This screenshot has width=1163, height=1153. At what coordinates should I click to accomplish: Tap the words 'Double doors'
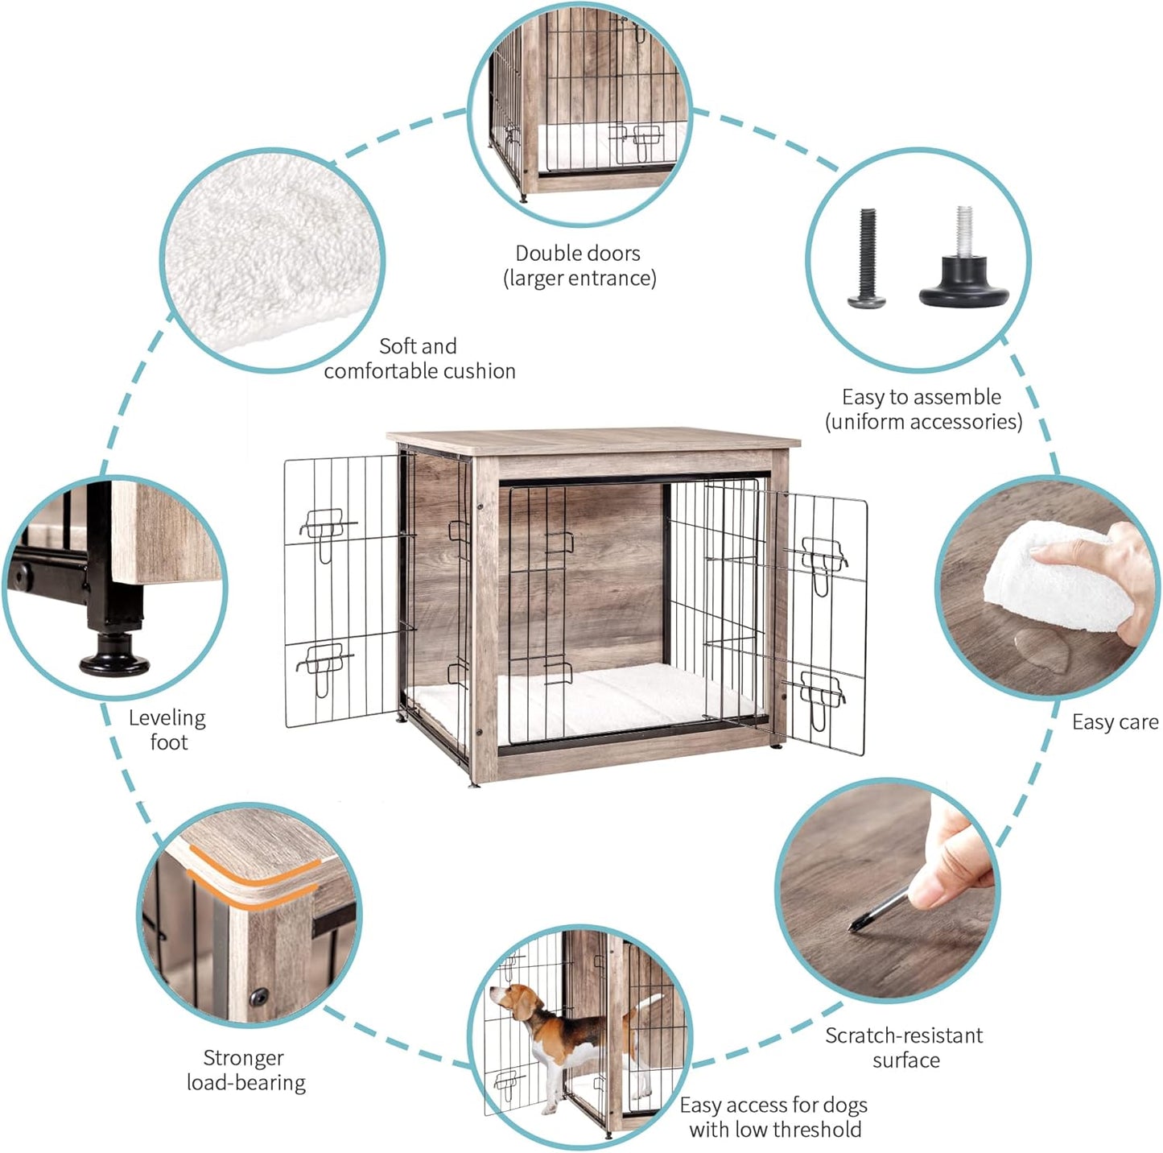coord(577,253)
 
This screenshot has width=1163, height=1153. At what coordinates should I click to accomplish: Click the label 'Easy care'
coord(1115,722)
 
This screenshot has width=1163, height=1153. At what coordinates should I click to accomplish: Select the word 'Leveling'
coord(167,717)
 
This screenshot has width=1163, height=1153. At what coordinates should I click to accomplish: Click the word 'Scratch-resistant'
coord(903,1035)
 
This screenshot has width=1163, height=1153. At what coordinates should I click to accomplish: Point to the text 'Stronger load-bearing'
coord(245,1070)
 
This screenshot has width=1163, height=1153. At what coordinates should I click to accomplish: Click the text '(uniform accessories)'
coord(923,422)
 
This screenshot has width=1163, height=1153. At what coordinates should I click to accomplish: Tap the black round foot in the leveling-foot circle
coord(114,656)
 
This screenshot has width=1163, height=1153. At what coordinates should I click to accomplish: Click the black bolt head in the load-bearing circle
coord(259,998)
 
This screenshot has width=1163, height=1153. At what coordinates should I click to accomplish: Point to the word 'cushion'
coord(476,371)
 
